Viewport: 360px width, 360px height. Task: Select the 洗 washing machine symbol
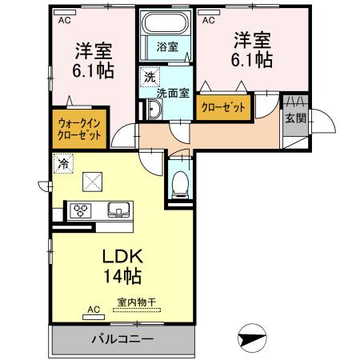pos(149,78)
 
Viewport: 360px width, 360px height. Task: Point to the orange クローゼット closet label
pos(223,106)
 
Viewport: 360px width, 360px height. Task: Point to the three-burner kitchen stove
pos(81,211)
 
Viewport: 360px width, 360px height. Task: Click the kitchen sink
pos(120,211)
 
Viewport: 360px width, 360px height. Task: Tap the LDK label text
pos(121,258)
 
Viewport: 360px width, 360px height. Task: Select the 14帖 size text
pos(122,278)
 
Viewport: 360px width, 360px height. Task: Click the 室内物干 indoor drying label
pos(137,302)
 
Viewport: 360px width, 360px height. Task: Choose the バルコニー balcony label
pos(122,339)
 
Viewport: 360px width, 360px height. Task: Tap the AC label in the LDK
pos(93,307)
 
